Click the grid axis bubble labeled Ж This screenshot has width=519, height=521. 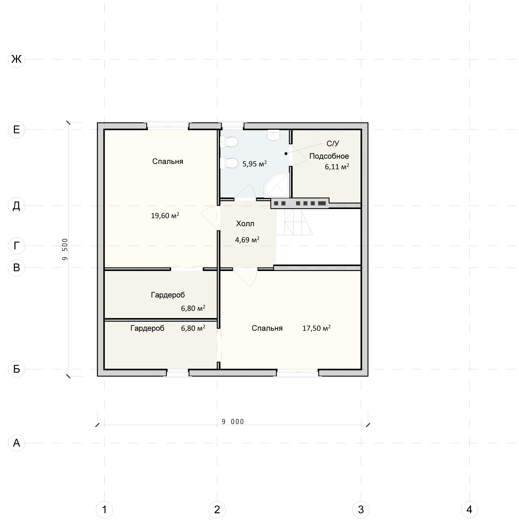coord(16,59)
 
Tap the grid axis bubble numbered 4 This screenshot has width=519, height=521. coord(469,509)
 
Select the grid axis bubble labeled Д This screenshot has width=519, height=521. coord(16,206)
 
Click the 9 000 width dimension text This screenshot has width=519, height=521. coord(233,422)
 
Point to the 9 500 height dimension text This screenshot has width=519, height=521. coord(65,249)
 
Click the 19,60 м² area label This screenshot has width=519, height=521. coord(165,216)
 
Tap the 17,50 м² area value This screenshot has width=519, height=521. coord(316,328)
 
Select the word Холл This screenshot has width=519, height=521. coord(245,224)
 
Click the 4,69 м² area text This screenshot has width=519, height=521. coord(247,240)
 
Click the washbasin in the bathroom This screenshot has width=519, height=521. coord(274,135)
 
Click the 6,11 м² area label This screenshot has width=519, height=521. coord(337,167)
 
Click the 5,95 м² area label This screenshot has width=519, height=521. coord(254,164)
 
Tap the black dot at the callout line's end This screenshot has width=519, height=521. coord(286,154)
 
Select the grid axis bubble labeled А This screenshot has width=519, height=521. coord(16,443)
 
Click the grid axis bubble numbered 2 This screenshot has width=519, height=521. coord(217,509)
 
